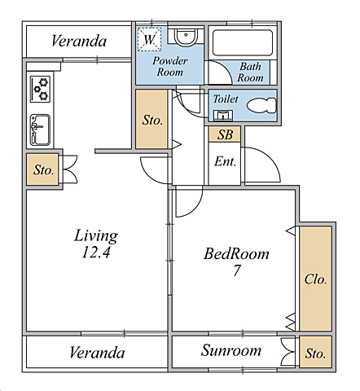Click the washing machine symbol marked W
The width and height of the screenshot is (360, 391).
pos(149,39)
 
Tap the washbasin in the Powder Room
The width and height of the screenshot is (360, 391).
pos(186,37)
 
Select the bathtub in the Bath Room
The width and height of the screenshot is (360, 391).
pos(243,43)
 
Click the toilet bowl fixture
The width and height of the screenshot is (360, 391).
pos(262,105)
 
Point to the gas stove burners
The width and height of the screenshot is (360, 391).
pos(40,89)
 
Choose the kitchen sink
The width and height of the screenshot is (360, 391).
pos(40,130)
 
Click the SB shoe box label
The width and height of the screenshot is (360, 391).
pos(226,134)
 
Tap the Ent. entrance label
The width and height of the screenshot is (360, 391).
pos(225,161)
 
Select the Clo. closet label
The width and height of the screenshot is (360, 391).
pos(315,279)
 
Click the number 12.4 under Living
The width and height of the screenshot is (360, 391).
pos(96,253)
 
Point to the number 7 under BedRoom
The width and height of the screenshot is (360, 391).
pos(237,270)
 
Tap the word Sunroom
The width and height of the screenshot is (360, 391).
pos(231,350)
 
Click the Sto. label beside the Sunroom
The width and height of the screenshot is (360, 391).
pos(315,354)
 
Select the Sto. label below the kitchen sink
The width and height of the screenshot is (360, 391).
pos(43,170)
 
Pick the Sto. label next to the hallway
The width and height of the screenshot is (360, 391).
pos(152,120)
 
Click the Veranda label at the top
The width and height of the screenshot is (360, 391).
pos(79,42)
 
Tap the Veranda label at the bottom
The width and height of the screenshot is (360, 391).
pos(97,353)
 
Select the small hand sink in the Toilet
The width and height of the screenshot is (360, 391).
pos(223,115)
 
